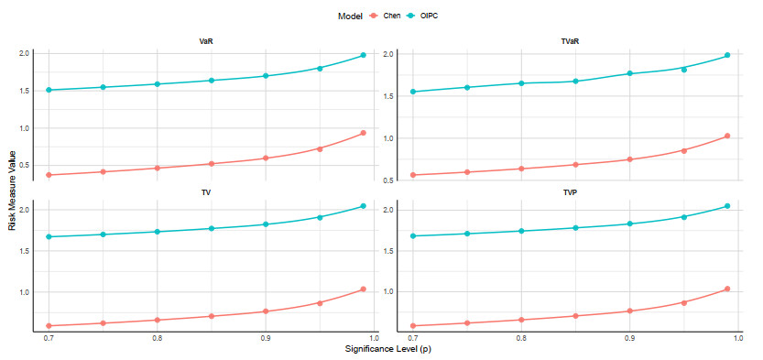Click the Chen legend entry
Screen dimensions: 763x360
(386, 16)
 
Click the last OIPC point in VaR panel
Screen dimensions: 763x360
(363, 55)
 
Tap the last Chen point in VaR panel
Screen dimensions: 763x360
(363, 133)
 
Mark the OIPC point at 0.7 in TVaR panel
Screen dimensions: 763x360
(413, 92)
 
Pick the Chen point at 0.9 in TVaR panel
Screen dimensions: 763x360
(629, 159)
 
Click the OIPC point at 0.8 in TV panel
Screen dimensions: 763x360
(158, 232)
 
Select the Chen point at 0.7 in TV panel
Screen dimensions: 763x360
(49, 325)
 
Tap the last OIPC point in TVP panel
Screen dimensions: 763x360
(727, 206)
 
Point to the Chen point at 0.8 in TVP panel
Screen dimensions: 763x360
(521, 320)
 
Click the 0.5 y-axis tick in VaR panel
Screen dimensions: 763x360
(26, 165)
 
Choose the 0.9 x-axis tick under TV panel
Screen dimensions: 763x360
(266, 338)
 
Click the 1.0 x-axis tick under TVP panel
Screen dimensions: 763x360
(738, 338)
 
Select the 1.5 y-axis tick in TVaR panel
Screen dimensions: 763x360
(390, 96)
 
